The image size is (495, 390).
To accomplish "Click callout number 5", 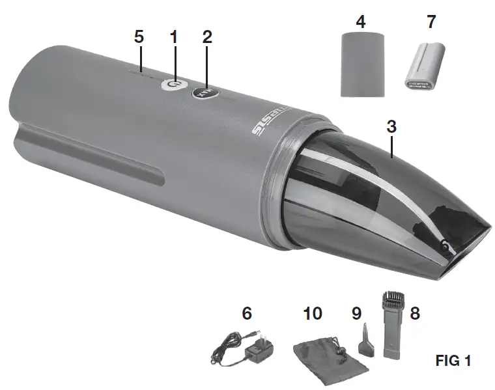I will (139, 37).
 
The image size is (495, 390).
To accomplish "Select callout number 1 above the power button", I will (173, 37).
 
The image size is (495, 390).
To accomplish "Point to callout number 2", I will (207, 37).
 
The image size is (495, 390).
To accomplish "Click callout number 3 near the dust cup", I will (391, 126).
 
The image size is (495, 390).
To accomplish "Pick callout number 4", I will (360, 22).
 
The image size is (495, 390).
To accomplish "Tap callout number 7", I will (431, 22).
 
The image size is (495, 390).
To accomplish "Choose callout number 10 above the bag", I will (313, 314).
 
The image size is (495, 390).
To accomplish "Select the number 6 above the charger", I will (247, 314).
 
